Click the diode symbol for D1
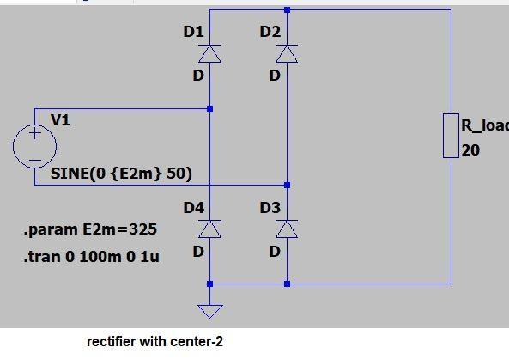pos(210,54)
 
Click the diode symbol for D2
pos(287,54)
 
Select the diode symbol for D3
pos(287,229)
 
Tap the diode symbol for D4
pos(210,229)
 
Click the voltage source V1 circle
pos(34,146)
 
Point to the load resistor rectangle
pos(451,136)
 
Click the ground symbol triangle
pos(210,311)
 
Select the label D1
pos(193,32)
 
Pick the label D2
pos(270,32)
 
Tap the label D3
pos(270,208)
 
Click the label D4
pos(193,208)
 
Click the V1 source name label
pos(60,120)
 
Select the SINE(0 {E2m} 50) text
pos(121,174)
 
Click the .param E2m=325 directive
pos(90,230)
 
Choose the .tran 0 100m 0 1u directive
pos(91,256)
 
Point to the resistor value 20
pos(470,150)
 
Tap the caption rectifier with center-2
pos(155,341)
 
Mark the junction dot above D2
pos(287,10)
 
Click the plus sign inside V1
pos(34,133)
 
